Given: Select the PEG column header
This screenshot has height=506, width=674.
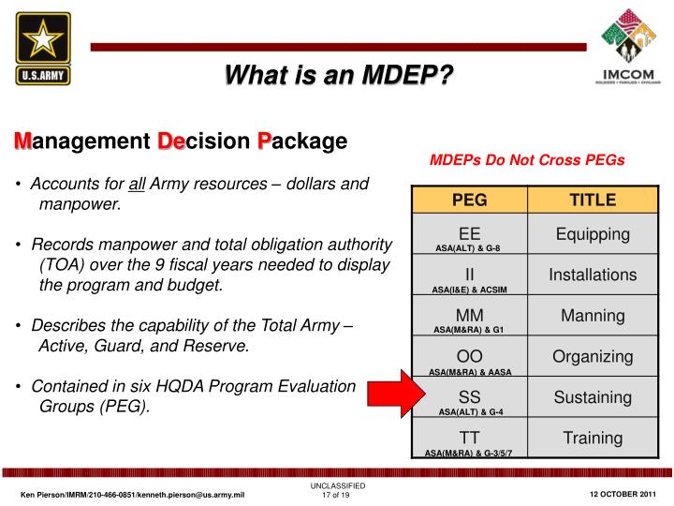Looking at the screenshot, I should [470, 200].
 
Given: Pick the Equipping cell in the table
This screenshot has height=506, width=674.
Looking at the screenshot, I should [593, 233].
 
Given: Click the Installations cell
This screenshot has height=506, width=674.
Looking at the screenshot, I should [593, 275].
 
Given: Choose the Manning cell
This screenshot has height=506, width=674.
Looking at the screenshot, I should [593, 316].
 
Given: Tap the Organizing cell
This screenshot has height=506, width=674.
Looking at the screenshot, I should [593, 357].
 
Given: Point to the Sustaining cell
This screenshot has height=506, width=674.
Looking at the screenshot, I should [593, 397].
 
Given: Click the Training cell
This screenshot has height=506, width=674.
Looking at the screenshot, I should [593, 438].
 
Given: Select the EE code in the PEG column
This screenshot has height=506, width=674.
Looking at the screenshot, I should [470, 232].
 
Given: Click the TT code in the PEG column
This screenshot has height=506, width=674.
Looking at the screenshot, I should [470, 438].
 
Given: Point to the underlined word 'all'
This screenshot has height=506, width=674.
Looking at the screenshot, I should [138, 183].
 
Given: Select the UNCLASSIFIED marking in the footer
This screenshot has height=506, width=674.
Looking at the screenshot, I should [337, 485].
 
